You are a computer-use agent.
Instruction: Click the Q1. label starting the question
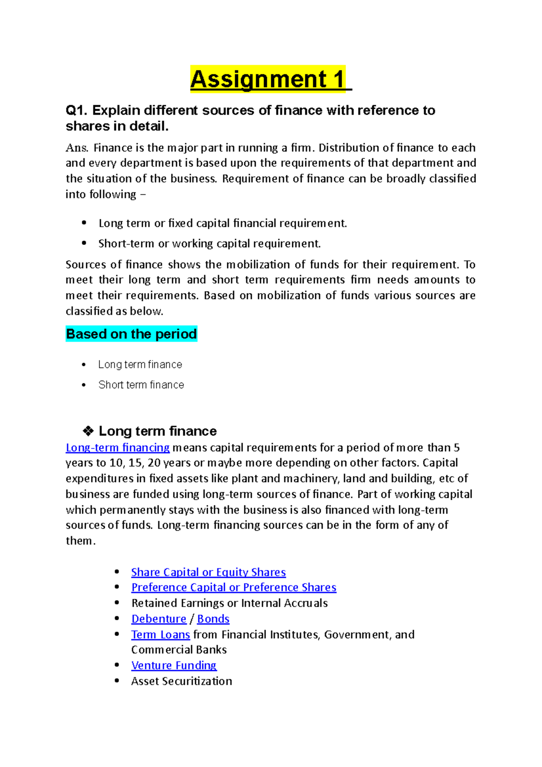pos(76,111)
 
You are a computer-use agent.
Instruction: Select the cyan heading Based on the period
pos(131,334)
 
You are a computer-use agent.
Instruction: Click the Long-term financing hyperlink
pos(117,448)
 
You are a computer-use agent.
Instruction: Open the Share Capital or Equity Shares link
pos(208,572)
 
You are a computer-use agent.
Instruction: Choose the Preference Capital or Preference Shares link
pos(234,588)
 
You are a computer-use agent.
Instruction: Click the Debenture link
pos(159,619)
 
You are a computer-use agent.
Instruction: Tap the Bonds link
pos(213,619)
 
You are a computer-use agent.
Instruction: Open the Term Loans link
pos(160,635)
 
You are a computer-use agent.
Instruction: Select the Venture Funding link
pos(174,665)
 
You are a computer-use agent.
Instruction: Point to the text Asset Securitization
pos(182,681)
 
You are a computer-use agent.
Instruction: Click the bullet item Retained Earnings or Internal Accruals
pos(229,603)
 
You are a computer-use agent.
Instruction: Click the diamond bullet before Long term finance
pos(88,431)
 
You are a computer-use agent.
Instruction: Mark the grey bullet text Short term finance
pos(141,385)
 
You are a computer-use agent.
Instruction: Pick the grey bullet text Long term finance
pos(140,365)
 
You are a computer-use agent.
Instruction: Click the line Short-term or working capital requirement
pos(210,244)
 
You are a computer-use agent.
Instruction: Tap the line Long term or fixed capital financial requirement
pos(223,224)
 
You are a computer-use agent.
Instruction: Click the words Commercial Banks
pos(179,650)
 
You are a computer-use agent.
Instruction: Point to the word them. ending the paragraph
pos(80,541)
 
